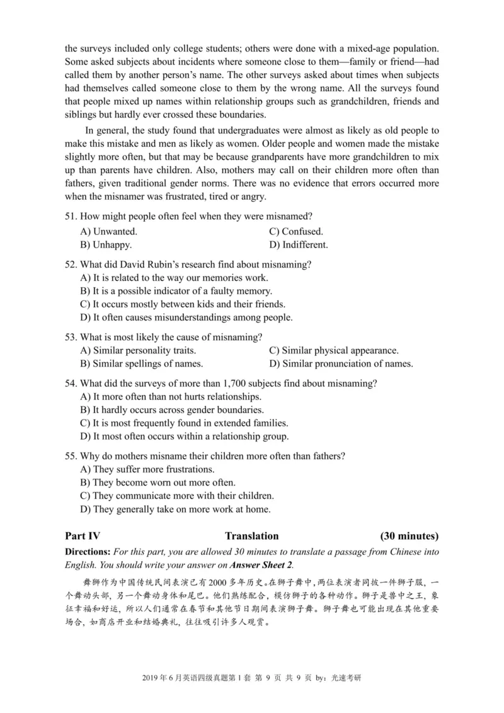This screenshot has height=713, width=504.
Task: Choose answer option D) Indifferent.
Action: [x=298, y=245]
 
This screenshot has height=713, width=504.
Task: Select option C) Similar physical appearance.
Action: [x=333, y=350]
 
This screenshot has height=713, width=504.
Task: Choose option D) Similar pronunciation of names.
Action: [x=341, y=364]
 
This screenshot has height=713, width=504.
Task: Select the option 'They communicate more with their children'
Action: [x=177, y=496]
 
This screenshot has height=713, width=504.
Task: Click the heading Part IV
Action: [x=83, y=537]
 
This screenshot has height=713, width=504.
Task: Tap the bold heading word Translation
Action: [x=252, y=537]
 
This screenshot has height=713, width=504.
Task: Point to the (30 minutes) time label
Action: [x=409, y=537]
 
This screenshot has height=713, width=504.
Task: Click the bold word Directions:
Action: [x=88, y=552]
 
